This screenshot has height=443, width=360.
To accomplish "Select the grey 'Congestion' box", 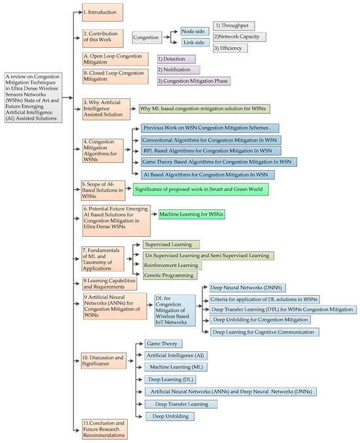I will (x=147, y=38).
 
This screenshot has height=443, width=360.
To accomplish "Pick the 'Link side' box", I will (x=195, y=43).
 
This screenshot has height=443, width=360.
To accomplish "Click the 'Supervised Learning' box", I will (x=171, y=244).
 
